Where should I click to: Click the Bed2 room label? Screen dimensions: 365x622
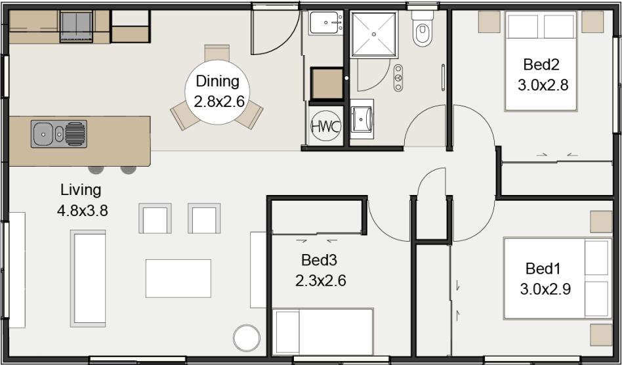tap(541, 65)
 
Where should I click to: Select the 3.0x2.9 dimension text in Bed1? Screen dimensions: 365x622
tap(544, 289)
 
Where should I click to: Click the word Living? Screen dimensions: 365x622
tap(81, 190)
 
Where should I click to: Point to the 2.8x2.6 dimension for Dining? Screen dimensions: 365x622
tap(218, 102)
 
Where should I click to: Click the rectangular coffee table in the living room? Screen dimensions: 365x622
tap(178, 278)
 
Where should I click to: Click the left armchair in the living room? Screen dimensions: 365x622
tap(155, 219)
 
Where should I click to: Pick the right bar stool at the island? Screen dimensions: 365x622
tap(129, 169)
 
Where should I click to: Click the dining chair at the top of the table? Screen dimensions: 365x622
tap(217, 53)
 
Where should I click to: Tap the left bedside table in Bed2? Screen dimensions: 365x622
tap(488, 22)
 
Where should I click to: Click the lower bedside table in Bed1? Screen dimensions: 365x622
tap(600, 334)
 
